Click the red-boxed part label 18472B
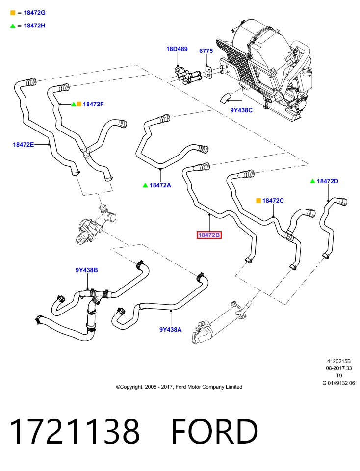coord(209,235)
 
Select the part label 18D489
coord(177,49)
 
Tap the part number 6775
coord(206,51)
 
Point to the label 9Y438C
coord(241,110)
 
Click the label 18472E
coord(24,144)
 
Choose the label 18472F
coord(93,104)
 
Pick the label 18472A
coord(160,185)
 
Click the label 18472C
coord(273,200)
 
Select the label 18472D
coord(328,181)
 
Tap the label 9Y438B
coord(86,270)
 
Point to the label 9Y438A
coord(171,330)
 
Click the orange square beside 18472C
coord(258,200)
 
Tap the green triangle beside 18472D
coord(312,181)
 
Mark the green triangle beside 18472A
coord(145,185)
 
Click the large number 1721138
coord(75,431)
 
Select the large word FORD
coord(215,431)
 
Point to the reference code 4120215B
coord(339,361)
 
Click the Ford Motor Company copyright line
coord(179,387)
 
